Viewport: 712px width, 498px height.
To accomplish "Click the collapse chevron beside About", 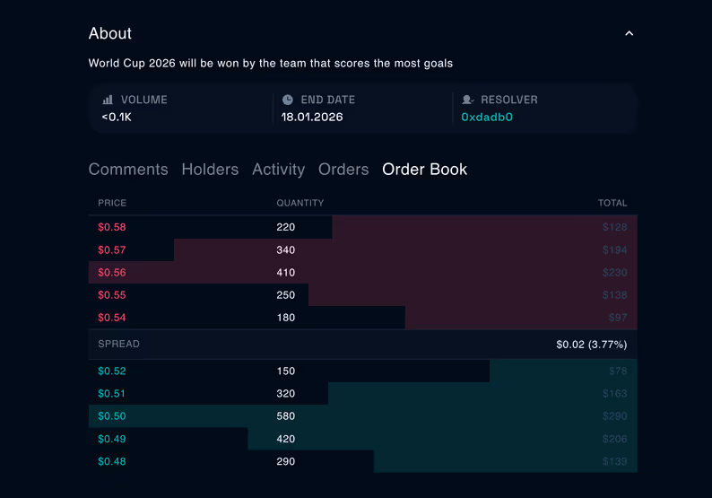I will point(629,34).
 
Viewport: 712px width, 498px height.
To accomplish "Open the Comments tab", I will point(128,170).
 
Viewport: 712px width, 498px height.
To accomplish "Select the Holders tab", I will point(210,170).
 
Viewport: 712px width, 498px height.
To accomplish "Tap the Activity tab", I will point(278,170).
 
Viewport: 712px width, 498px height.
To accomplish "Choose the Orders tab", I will point(343,170).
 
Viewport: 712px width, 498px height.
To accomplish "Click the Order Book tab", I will point(424,170).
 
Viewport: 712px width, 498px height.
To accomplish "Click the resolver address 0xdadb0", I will point(487,117).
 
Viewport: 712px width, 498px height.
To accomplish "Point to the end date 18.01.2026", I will point(311,117).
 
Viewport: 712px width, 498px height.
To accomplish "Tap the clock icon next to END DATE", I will point(288,100).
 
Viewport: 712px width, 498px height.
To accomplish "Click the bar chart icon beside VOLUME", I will point(108,100).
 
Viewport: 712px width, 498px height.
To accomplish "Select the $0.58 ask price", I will point(112,228).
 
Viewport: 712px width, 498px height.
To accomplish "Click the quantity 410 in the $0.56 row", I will point(286,273).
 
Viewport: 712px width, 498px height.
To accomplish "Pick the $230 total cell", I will point(614,273).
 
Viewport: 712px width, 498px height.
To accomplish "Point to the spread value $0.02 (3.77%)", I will point(591,345).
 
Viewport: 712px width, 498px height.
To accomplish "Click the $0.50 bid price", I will point(112,416).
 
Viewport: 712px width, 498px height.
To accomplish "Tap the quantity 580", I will point(286,416).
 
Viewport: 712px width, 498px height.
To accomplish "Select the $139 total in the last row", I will point(614,461).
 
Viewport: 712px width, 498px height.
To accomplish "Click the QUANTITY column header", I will point(300,203).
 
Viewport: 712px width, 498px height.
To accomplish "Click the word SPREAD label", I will point(118,345).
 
